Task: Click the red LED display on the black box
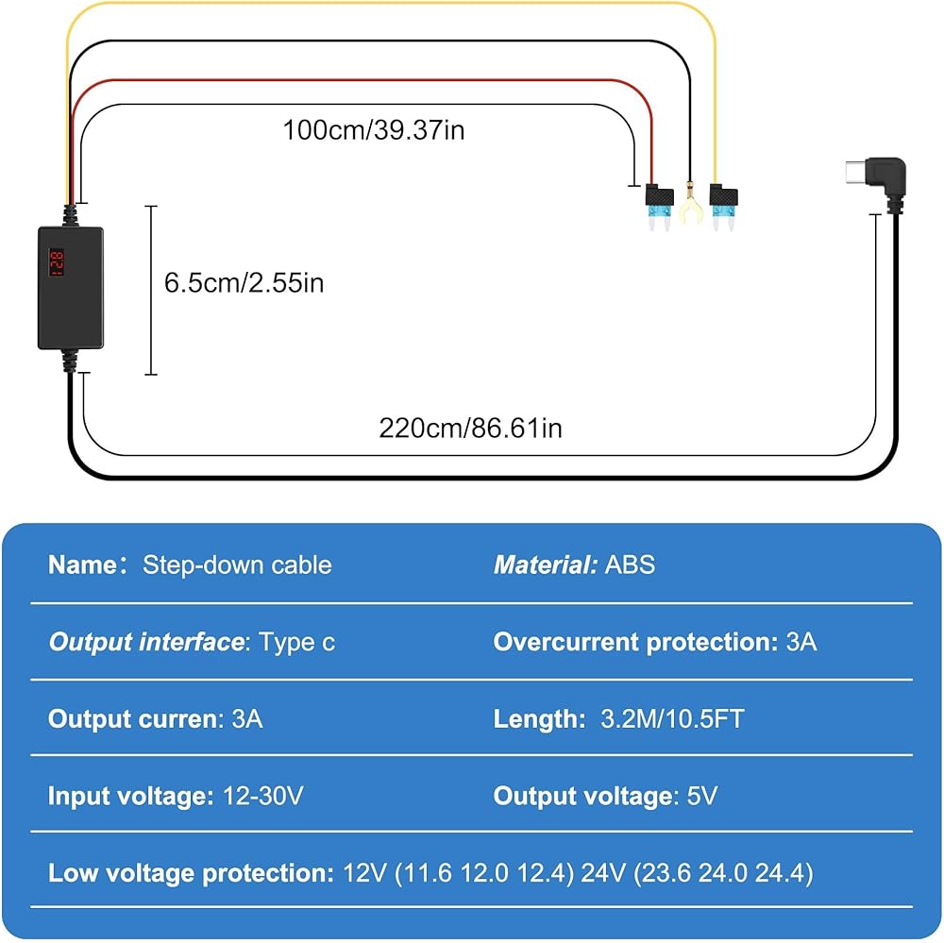[x=56, y=265]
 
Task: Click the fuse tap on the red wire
[x=657, y=205]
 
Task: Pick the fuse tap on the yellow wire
[x=723, y=205]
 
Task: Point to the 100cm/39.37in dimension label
[x=374, y=129]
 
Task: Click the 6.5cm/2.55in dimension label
[x=244, y=282]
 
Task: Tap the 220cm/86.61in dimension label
[x=470, y=428]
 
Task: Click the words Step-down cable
[x=237, y=565]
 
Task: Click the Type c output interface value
[x=297, y=643]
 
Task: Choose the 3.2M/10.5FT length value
[x=672, y=719]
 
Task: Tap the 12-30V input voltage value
[x=263, y=796]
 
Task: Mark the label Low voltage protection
[x=188, y=873]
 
